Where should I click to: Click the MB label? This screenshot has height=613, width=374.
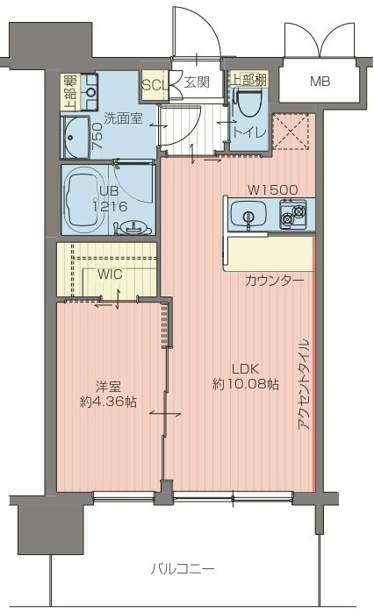click(320, 82)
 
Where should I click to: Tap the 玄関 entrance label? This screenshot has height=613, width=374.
click(197, 82)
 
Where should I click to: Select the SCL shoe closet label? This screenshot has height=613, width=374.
click(155, 85)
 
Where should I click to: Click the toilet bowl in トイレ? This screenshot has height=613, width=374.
click(248, 102)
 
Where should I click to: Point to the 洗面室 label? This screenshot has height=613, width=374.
click(123, 118)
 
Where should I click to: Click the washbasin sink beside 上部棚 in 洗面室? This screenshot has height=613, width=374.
click(90, 92)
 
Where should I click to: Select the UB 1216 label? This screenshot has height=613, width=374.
click(109, 198)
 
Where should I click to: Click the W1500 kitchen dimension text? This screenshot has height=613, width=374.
click(273, 190)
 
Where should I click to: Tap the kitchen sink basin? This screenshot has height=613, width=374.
click(248, 214)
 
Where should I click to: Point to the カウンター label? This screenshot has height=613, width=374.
click(274, 281)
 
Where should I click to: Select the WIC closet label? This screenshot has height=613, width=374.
click(110, 274)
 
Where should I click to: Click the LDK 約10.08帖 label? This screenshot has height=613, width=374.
click(246, 377)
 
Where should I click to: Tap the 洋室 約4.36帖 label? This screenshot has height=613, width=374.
click(108, 394)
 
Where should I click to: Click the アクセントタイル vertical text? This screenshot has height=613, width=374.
click(304, 384)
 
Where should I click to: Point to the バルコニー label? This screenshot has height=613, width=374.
click(183, 568)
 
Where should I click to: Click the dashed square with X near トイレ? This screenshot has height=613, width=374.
click(291, 132)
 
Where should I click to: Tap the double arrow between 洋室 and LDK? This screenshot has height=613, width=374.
click(165, 413)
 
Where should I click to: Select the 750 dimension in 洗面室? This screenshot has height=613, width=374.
click(97, 136)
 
